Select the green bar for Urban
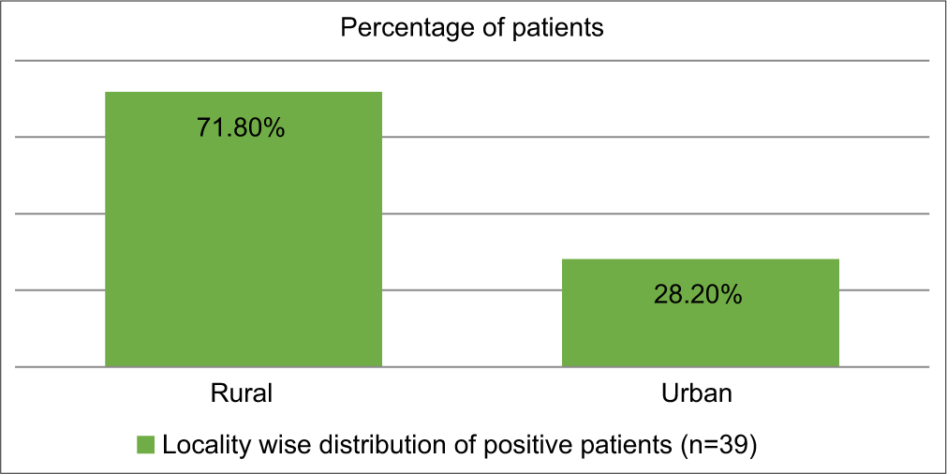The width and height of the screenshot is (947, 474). [x=700, y=323]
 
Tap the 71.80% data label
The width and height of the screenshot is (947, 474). [x=241, y=127]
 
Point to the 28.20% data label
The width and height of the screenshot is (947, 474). [x=699, y=295]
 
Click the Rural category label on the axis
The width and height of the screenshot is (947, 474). [x=242, y=393]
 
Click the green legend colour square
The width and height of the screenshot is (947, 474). [x=147, y=444]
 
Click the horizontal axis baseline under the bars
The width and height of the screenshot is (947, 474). [x=473, y=366]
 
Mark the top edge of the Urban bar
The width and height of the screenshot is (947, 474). [x=700, y=259]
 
